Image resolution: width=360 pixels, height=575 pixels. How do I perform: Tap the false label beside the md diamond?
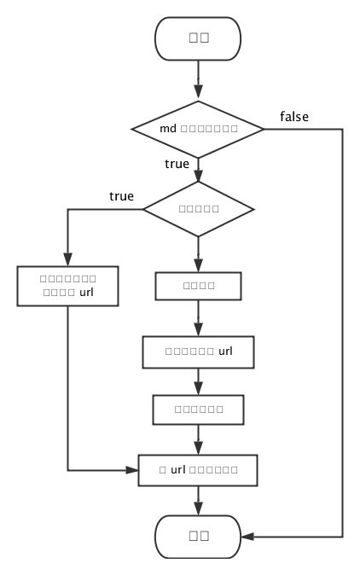pyautogui.click(x=293, y=116)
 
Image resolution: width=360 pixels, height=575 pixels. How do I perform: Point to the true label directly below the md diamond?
pyautogui.click(x=177, y=162)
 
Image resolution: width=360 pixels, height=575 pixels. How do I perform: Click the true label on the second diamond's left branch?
pyautogui.click(x=122, y=196)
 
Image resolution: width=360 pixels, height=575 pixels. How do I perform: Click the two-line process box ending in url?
pyautogui.click(x=67, y=286)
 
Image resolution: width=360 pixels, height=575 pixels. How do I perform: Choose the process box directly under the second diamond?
pyautogui.click(x=198, y=286)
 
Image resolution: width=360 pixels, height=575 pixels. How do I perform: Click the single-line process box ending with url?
pyautogui.click(x=198, y=350)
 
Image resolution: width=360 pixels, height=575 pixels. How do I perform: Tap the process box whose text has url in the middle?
pyautogui.click(x=198, y=469)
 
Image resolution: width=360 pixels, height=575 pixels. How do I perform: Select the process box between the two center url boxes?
pyautogui.click(x=198, y=409)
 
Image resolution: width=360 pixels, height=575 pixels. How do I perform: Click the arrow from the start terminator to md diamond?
pyautogui.click(x=198, y=81)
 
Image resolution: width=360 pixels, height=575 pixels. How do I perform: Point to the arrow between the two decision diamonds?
pyautogui.click(x=198, y=169)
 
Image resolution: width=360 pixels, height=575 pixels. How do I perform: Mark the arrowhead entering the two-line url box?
pyautogui.click(x=67, y=261)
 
